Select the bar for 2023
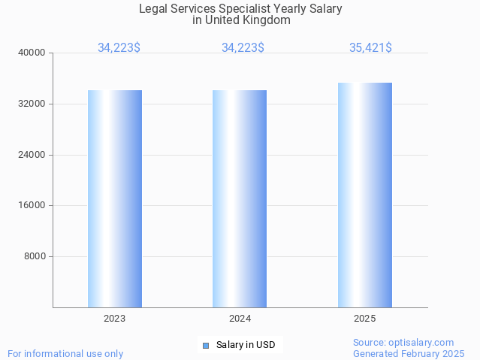[x=115, y=198]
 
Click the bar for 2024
[x=240, y=198]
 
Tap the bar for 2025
[x=364, y=195]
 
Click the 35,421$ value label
[x=370, y=48]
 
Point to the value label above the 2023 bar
[x=119, y=48]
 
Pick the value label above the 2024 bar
[x=243, y=48]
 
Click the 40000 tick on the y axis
[x=33, y=53]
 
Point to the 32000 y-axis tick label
[x=33, y=104]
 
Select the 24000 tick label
[x=33, y=155]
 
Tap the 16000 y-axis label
[x=33, y=205]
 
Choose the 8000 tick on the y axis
[x=35, y=256]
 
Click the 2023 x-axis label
[x=115, y=319]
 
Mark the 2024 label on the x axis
[x=240, y=319]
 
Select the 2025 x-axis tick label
[x=364, y=319]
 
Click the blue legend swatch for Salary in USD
[x=205, y=346]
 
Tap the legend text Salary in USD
[x=246, y=346]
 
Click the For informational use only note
[x=65, y=353]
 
